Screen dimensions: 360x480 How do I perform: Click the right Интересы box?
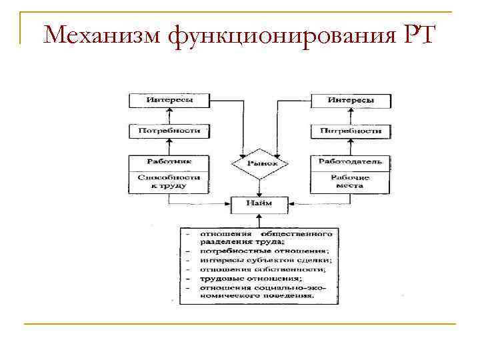pos(351,100)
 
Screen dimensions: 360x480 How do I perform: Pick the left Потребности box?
pos(169,131)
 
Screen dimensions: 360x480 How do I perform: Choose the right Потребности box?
pos(351,131)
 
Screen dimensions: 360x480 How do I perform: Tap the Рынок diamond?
pos(258,163)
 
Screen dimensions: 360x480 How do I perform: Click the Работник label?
pos(169,161)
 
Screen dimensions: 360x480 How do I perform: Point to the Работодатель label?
pos(351,161)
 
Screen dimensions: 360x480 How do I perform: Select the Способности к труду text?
pos(169,181)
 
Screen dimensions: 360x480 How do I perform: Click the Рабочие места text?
pos(351,181)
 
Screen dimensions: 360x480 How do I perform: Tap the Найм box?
pos(259,203)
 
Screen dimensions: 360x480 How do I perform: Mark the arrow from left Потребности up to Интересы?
pos(169,115)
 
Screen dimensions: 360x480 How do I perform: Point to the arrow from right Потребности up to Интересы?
pos(351,115)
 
